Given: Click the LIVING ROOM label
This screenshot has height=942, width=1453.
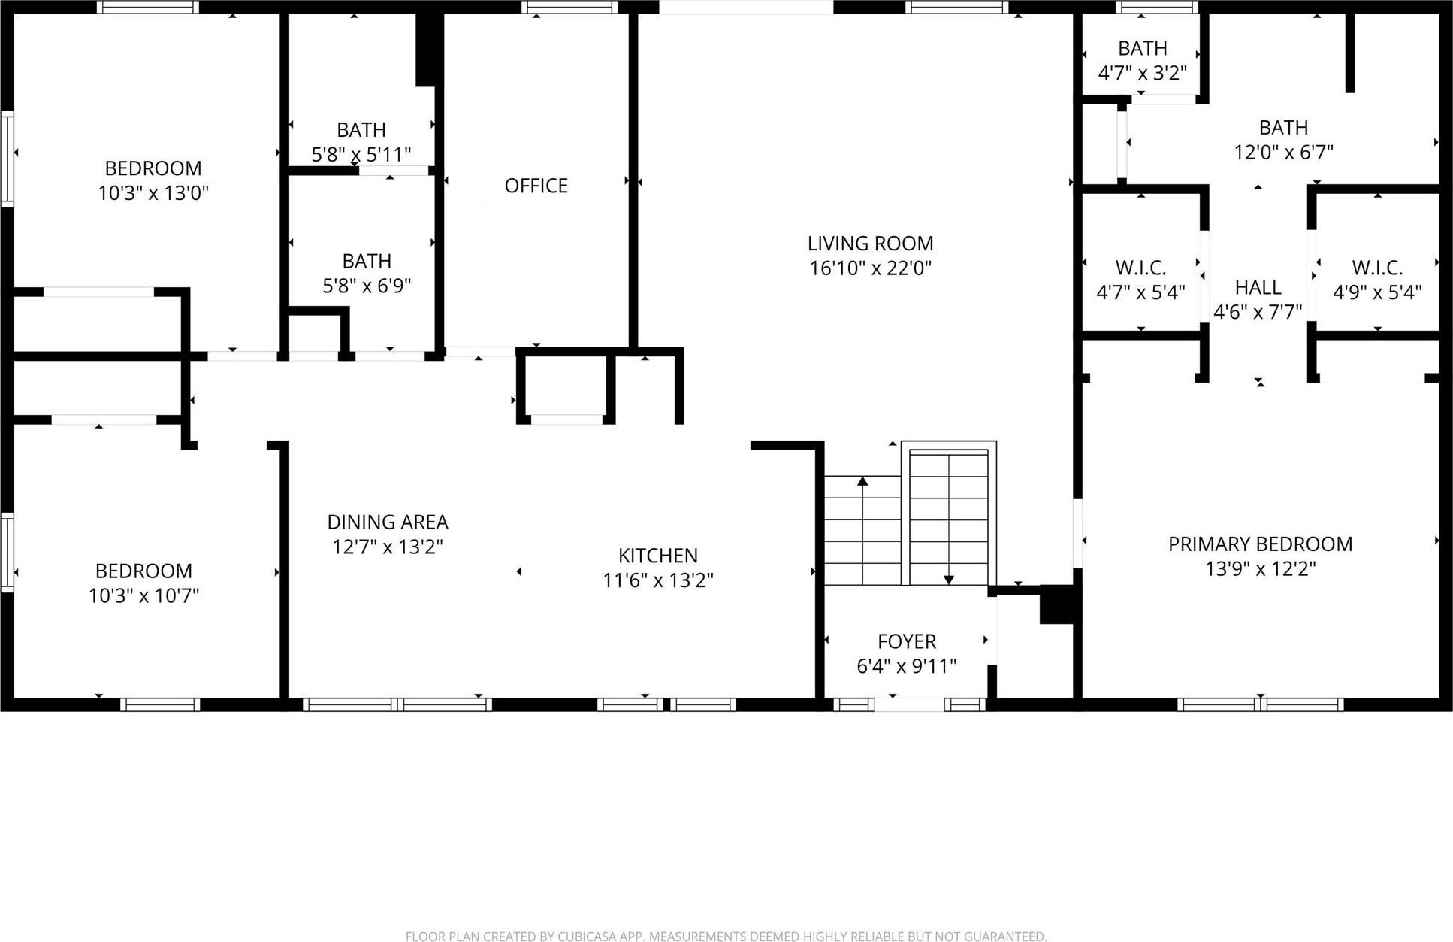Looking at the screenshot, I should click(870, 244).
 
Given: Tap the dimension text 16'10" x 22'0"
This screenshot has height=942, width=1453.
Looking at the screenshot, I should click(870, 268).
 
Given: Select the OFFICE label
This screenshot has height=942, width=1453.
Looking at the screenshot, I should click(536, 186).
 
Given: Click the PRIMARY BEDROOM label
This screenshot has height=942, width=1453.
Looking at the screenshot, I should click(1260, 544).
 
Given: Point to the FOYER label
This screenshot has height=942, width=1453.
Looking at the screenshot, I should click(907, 641).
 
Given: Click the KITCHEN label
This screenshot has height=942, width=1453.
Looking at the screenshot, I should click(658, 556).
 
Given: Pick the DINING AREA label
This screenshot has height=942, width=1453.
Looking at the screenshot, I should click(388, 522).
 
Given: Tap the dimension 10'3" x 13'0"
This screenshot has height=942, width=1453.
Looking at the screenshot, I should click(153, 193).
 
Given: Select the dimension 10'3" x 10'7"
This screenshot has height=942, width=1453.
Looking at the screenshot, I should click(143, 596).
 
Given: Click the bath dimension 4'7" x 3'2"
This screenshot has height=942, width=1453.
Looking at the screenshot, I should click(1142, 74).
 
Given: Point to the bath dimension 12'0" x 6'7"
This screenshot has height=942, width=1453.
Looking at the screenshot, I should click(1283, 153).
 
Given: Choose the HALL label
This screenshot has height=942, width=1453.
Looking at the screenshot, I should click(1258, 287).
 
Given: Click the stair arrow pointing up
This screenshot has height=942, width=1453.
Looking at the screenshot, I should click(862, 481).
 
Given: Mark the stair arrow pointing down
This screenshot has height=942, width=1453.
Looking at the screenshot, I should click(948, 579).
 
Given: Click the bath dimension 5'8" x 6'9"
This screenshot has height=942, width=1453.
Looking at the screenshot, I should click(367, 286).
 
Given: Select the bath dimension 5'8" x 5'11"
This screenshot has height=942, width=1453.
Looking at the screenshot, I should click(361, 155).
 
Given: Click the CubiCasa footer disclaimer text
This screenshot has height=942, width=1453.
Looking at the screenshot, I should click(726, 936).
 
